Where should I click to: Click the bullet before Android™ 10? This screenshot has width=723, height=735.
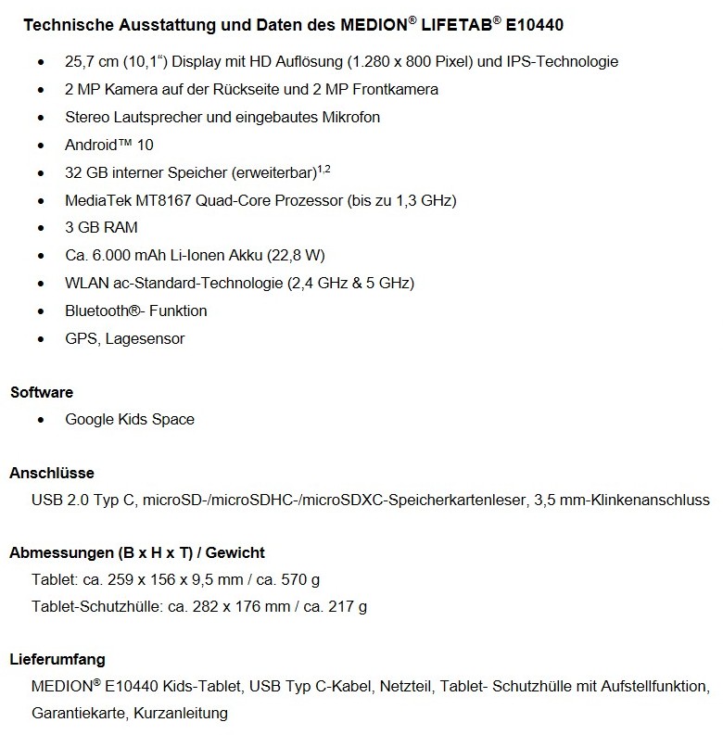pyautogui.click(x=40, y=146)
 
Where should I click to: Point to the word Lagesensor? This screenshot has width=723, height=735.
pyautogui.click(x=145, y=338)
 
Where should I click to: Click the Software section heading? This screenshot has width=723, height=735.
pyautogui.click(x=42, y=392)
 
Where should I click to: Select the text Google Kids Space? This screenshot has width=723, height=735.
pyautogui.click(x=130, y=419)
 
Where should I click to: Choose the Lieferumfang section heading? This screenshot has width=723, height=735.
pyautogui.click(x=57, y=660)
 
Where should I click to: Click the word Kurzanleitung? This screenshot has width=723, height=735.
pyautogui.click(x=181, y=714)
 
